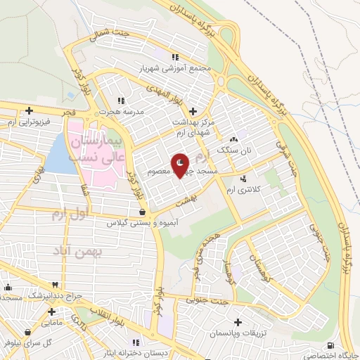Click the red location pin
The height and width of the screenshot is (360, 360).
(180, 165)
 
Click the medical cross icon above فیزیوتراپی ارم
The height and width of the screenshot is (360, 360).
(29, 110)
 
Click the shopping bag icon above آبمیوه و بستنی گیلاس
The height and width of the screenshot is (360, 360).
(143, 211)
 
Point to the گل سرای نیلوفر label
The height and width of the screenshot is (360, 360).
(26, 344)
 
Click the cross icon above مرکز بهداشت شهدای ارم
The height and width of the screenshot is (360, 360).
(193, 110)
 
